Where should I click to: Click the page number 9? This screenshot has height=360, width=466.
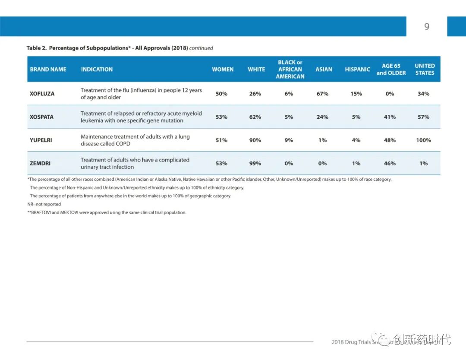point(427,27)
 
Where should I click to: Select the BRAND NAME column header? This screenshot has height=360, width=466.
point(48,69)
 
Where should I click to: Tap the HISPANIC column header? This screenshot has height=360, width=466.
point(357,69)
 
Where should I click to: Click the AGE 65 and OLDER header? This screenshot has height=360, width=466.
point(391,69)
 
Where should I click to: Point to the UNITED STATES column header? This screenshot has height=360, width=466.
point(425,69)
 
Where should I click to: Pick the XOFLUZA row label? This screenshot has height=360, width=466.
point(42,94)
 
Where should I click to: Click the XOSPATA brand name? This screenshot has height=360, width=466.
point(42,117)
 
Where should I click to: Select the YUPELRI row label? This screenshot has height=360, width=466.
point(41,140)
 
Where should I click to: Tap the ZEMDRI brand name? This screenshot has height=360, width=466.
point(40,164)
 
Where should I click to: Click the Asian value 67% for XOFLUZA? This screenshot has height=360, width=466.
point(322,94)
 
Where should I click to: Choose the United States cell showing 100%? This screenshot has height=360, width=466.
point(423,140)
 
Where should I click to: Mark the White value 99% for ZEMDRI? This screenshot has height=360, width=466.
point(255,164)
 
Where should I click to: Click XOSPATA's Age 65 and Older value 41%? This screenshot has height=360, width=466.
point(390,117)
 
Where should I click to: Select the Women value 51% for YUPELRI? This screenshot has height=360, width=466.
point(221,140)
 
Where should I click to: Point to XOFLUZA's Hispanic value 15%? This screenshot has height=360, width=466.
point(356,94)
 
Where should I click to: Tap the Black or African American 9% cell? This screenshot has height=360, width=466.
point(289,140)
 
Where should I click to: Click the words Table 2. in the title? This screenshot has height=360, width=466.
point(36,48)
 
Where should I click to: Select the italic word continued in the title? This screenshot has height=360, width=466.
point(201,48)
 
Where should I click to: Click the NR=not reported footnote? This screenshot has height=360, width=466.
point(44,204)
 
